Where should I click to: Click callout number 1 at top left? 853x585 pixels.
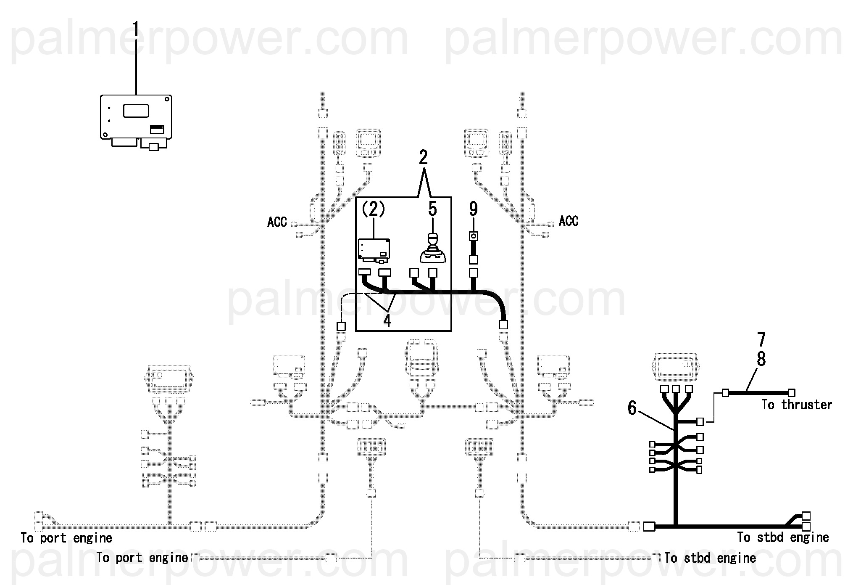(136, 29)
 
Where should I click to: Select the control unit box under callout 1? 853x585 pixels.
(136, 117)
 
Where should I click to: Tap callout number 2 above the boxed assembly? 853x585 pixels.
(423, 157)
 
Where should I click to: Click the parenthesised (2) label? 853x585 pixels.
(374, 209)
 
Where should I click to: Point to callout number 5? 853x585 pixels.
(432, 209)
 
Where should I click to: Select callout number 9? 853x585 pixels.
(473, 209)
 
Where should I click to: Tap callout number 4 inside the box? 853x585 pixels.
(387, 320)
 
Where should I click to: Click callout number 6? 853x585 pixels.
(632, 408)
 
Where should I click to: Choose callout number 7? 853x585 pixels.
(761, 340)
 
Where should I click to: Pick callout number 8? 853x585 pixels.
(761, 360)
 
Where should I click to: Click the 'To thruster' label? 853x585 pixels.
(797, 405)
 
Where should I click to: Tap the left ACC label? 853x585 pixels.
(277, 222)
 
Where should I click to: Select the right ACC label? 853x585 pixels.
(569, 221)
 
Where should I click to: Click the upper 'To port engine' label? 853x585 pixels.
(66, 538)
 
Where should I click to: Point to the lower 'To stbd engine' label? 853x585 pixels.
(710, 558)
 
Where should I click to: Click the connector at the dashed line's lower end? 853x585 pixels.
(341, 326)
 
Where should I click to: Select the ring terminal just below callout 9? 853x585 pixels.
(474, 236)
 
